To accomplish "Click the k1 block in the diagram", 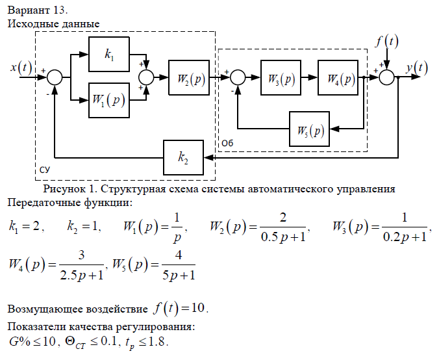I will (x=108, y=55).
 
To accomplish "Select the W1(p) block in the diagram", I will (x=108, y=100).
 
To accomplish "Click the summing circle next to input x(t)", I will (x=55, y=77).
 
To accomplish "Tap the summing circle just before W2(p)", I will (x=147, y=77).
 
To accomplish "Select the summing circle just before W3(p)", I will (x=238, y=77).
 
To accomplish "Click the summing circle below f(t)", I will (x=387, y=77).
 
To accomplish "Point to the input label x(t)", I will (x=21, y=66).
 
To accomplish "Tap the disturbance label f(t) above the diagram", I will (x=387, y=42).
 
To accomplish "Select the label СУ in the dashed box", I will (x=45, y=169).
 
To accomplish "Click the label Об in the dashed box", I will (x=227, y=142).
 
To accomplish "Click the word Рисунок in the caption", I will (x=64, y=189).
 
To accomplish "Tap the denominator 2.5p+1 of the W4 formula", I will (x=81, y=276).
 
